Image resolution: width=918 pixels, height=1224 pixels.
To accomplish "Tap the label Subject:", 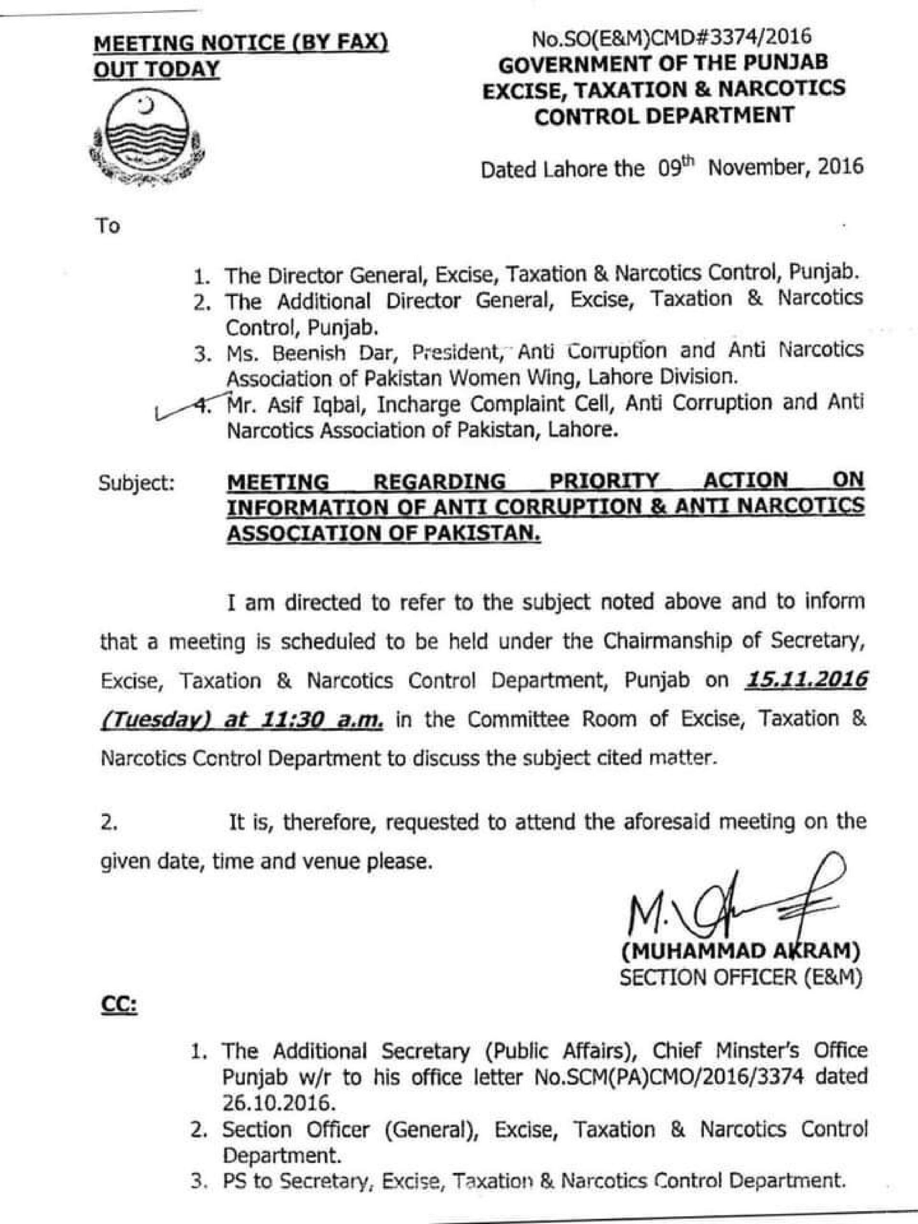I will [x=137, y=483].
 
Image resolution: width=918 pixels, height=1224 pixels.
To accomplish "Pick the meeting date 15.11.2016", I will [x=806, y=679].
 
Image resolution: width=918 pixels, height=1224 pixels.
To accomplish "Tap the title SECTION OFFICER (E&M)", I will [x=740, y=978].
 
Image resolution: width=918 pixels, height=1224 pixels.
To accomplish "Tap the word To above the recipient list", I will [x=109, y=226].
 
